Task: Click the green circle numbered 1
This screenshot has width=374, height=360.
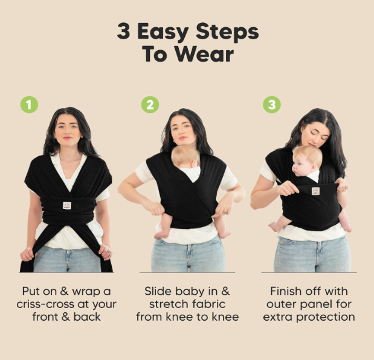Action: [x=29, y=104]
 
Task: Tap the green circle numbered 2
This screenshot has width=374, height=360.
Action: [x=150, y=104]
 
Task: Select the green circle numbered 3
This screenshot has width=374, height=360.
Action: [x=272, y=104]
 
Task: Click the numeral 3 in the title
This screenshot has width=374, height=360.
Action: [x=124, y=31]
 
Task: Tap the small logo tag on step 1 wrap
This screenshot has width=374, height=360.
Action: [x=67, y=205]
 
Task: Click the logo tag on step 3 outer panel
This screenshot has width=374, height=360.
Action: [x=315, y=191]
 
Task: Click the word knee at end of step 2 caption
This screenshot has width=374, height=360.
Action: [x=226, y=317]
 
